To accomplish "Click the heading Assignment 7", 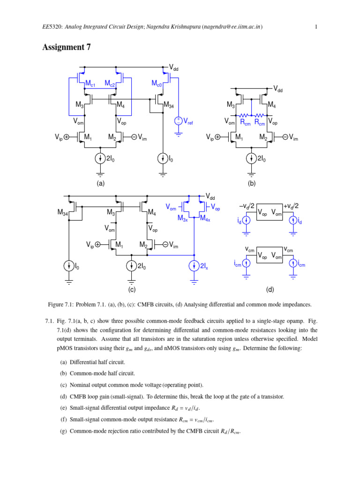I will tap(67, 47).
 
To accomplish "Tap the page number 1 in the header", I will tap(316, 27).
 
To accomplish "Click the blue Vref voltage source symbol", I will tap(178, 121).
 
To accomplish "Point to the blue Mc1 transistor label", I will tap(90, 84).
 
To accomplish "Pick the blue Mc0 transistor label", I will tap(157, 84).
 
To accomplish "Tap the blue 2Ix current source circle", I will tap(194, 266).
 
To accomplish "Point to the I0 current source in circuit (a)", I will tap(163, 159).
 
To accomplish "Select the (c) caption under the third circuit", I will tap(132, 289).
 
